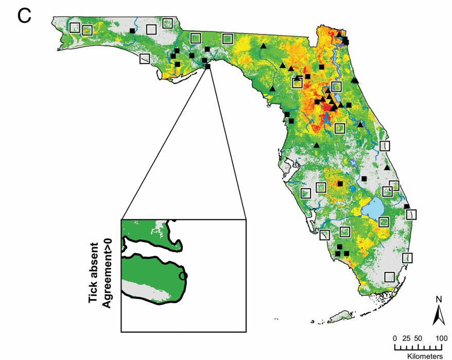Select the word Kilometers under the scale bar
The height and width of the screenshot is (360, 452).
[425, 356]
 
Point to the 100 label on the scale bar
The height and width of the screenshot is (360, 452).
[441, 338]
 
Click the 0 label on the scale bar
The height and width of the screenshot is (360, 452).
[395, 338]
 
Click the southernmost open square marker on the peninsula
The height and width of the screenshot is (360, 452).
[390, 277]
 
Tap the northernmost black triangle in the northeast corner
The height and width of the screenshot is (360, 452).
[339, 34]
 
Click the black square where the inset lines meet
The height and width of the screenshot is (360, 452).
[208, 66]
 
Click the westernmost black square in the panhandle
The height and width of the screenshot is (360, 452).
[132, 31]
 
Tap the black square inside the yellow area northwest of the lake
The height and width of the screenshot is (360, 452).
[340, 183]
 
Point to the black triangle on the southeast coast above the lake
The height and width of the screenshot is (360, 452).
[387, 167]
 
